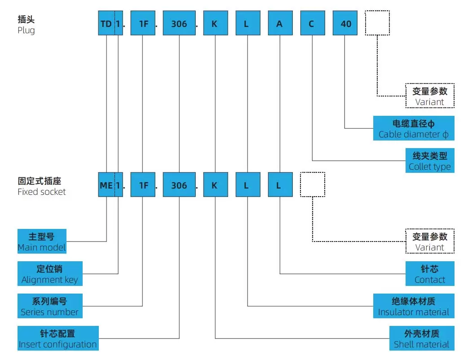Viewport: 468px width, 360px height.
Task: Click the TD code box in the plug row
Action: click(x=106, y=23)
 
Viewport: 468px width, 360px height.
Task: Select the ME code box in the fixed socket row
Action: click(x=106, y=184)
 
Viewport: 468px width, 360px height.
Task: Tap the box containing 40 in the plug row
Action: click(x=345, y=23)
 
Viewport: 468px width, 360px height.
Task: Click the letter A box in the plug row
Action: click(x=280, y=23)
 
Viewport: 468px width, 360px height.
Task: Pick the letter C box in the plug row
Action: click(x=312, y=23)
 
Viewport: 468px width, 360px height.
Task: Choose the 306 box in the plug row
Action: click(x=179, y=23)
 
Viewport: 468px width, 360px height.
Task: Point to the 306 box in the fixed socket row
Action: click(x=179, y=184)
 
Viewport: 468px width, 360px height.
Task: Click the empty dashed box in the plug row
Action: click(x=377, y=23)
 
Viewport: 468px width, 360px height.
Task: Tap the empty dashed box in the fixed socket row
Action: click(x=312, y=184)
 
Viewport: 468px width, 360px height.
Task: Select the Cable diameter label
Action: click(x=414, y=128)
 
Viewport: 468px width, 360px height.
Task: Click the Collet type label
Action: click(x=430, y=161)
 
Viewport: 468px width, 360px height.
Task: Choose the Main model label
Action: click(x=42, y=241)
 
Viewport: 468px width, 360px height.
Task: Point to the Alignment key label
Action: click(x=50, y=274)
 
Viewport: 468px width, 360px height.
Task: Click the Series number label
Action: click(x=50, y=306)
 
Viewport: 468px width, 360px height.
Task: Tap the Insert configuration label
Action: click(x=58, y=339)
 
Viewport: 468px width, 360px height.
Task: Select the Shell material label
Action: click(x=422, y=339)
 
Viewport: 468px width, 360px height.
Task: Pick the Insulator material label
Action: click(x=414, y=306)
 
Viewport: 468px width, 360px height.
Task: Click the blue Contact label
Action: click(x=430, y=274)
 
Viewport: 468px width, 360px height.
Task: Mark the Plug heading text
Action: click(x=26, y=25)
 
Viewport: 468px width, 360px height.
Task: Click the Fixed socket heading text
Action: click(x=41, y=186)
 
